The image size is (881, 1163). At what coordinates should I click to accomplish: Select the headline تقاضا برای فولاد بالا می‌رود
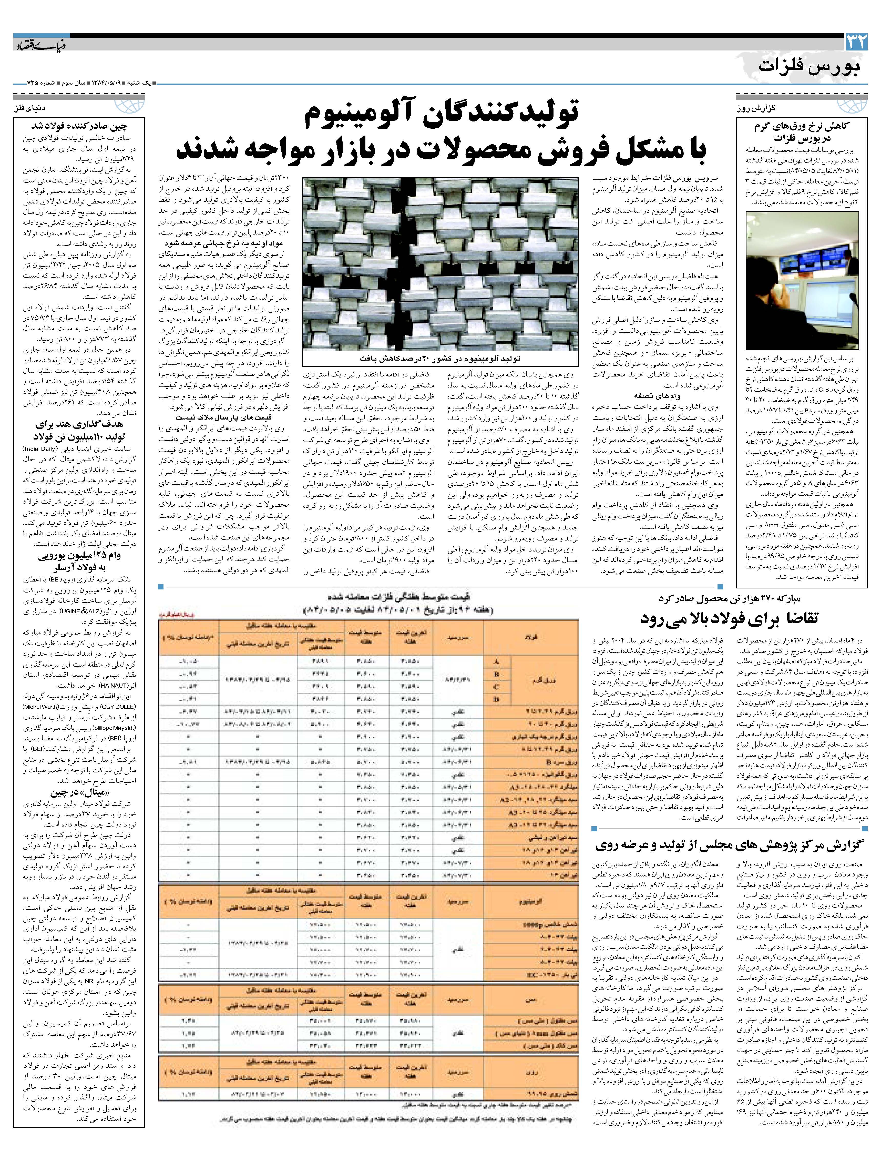(730, 618)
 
